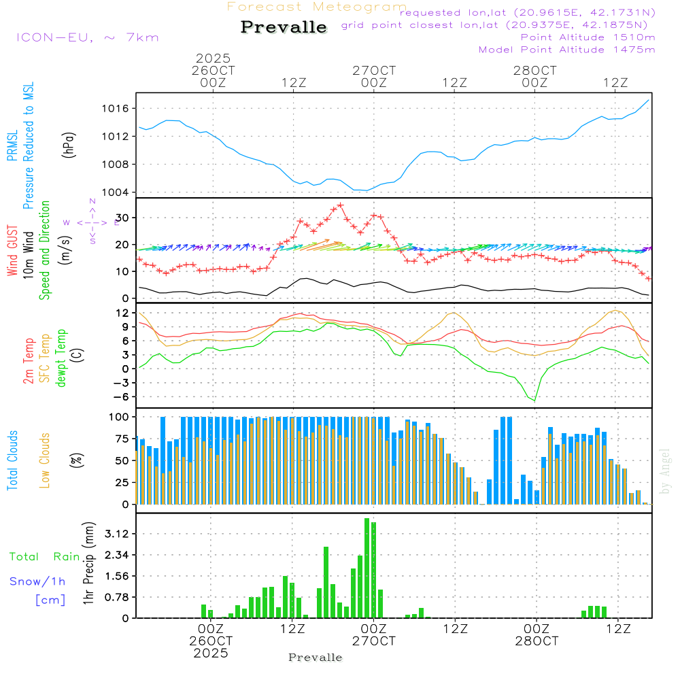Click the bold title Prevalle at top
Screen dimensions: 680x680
(284, 27)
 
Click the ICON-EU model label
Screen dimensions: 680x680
(87, 37)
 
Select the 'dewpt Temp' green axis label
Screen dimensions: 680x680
(62, 358)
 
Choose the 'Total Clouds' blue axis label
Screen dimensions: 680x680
(13, 460)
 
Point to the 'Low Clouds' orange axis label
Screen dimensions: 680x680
(46, 460)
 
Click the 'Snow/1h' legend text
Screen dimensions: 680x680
(38, 581)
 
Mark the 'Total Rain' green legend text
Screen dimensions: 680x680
(45, 557)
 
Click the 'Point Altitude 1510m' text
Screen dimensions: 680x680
(588, 37)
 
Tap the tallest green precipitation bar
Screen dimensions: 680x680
(367, 568)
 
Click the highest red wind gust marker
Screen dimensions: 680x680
(340, 205)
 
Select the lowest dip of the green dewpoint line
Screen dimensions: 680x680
(534, 401)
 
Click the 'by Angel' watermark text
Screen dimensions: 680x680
(666, 471)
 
